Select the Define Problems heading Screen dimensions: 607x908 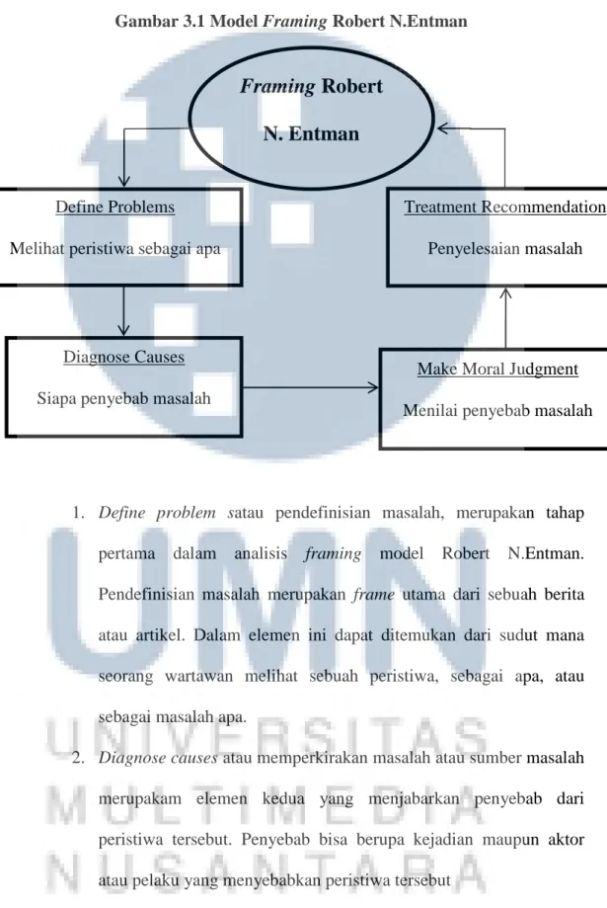click(115, 206)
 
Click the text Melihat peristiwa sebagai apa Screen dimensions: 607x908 click(115, 248)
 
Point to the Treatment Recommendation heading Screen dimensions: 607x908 click(505, 206)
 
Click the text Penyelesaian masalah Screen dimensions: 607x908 click(505, 248)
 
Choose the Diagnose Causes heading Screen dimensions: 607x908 click(123, 357)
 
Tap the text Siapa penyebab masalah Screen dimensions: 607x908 click(123, 398)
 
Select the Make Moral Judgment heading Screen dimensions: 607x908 click(497, 369)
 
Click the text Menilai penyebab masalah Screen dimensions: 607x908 click(497, 411)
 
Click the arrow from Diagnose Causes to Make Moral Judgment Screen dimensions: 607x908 click(310, 387)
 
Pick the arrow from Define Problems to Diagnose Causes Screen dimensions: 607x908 click(123, 311)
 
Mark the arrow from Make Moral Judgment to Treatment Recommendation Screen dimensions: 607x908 click(505, 318)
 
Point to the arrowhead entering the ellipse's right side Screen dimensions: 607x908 click(442, 128)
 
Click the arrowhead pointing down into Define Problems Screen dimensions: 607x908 click(123, 182)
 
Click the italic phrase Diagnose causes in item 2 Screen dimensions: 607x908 click(157, 759)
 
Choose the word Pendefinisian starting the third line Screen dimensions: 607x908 click(146, 595)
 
